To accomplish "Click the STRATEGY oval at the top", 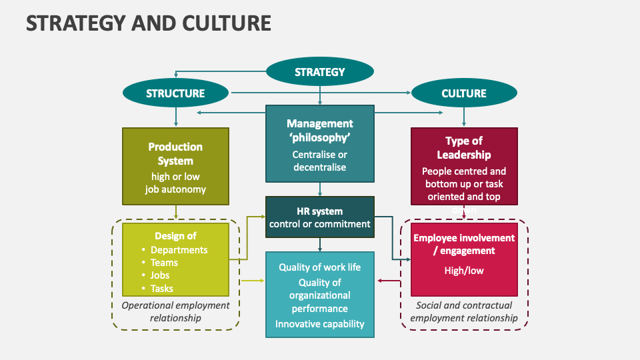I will [320, 72].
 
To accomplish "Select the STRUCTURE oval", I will [175, 93].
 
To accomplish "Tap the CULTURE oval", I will [464, 93].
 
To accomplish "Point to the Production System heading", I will [175, 153].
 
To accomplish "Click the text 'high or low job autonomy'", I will [175, 183].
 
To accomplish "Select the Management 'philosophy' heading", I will [320, 130].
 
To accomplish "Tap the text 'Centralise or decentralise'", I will [320, 161].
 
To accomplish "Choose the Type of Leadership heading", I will [464, 147].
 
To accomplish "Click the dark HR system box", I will [320, 217].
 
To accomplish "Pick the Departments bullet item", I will [179, 250].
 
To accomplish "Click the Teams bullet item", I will [164, 263].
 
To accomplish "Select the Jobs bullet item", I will [160, 275].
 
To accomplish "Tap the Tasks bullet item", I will [161, 289].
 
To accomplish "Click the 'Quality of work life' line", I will [320, 267].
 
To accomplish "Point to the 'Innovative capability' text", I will [320, 324].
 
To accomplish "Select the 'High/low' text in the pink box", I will [464, 271].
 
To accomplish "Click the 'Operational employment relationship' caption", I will [175, 311].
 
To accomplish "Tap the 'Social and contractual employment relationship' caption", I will [464, 311].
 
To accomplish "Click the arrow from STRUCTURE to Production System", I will [176, 117].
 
